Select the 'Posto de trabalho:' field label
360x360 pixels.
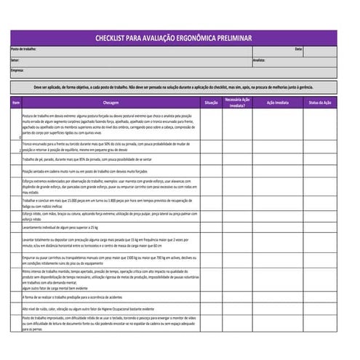tap(23, 49)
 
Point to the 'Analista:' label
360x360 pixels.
tap(259, 60)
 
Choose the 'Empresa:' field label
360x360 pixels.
tap(17, 70)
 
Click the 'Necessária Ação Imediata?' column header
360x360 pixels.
tap(238, 103)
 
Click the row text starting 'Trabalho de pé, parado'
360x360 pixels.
tap(87, 159)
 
